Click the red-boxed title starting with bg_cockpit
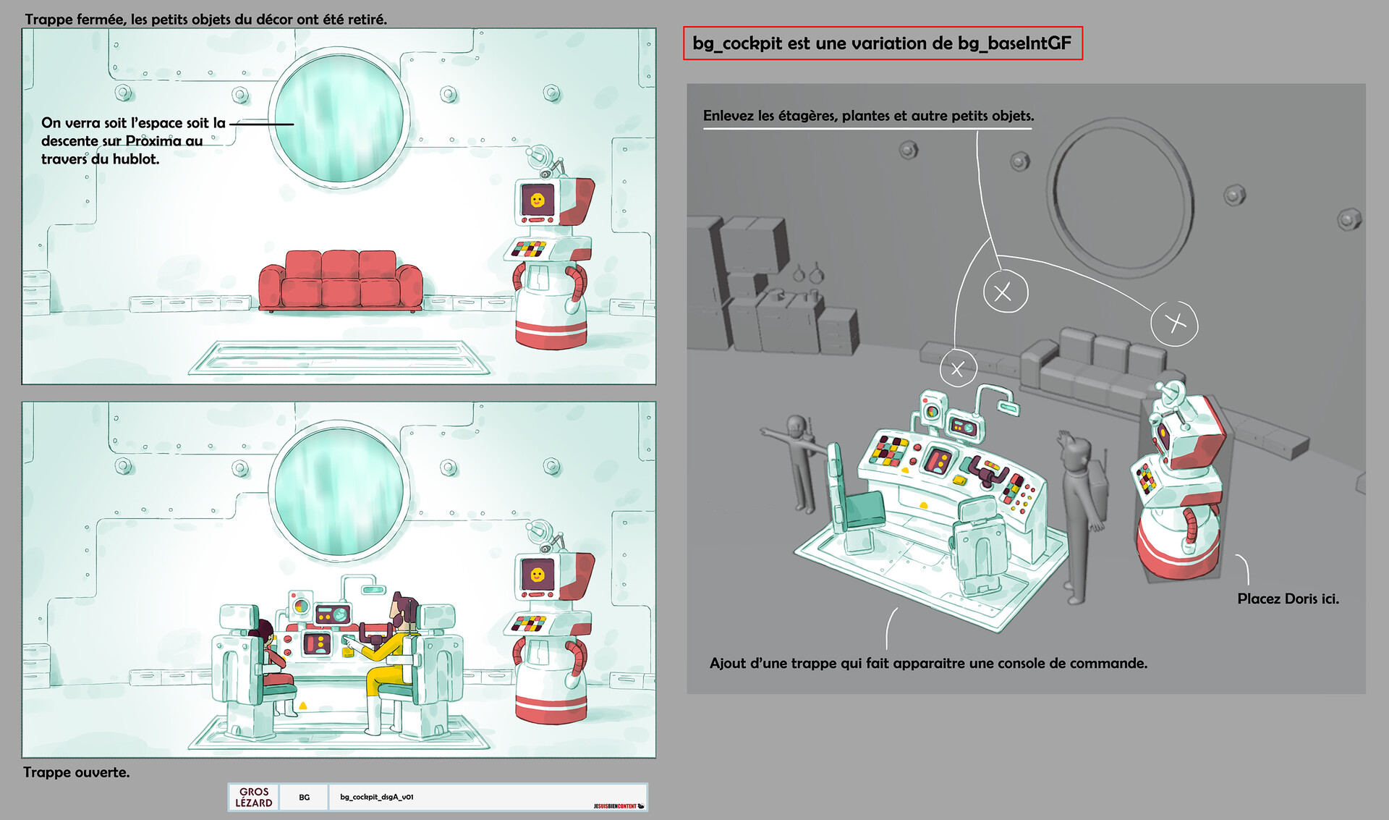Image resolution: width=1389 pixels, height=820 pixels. [x=882, y=43]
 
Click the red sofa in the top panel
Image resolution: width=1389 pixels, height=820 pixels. [x=341, y=281]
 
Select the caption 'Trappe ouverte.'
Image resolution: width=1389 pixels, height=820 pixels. [x=77, y=772]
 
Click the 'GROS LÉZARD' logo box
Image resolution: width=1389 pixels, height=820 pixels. [x=254, y=797]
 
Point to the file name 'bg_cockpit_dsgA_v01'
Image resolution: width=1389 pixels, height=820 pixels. [x=377, y=797]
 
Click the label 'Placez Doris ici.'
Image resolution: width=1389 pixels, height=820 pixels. [x=1288, y=599]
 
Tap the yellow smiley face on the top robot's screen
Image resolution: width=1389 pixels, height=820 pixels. [x=537, y=200]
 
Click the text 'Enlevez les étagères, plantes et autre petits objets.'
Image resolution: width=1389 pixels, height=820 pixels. [x=868, y=116]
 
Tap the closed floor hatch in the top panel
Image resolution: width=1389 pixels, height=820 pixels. [x=339, y=358]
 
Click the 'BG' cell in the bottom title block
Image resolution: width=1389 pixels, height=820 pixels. [x=305, y=797]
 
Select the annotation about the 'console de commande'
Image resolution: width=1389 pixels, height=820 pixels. [x=928, y=663]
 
